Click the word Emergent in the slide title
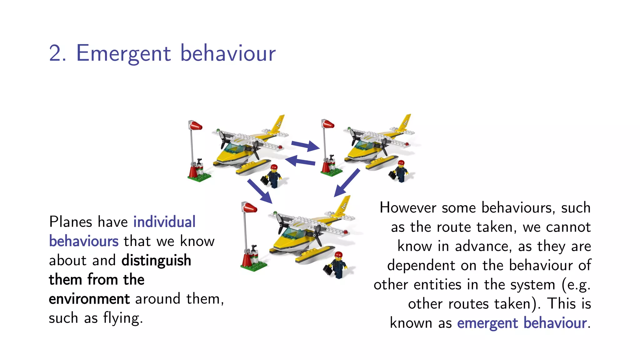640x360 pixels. [x=123, y=53]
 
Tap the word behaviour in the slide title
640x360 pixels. [x=228, y=53]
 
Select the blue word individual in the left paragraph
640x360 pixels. [x=164, y=222]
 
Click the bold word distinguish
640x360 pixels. [x=156, y=260]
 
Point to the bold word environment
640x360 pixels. [x=89, y=299]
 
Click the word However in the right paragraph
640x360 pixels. [x=407, y=208]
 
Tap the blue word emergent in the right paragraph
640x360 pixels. [x=487, y=323]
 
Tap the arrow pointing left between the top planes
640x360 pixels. [x=300, y=161]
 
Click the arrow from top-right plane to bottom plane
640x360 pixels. [x=347, y=183]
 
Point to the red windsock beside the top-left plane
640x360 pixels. [x=196, y=126]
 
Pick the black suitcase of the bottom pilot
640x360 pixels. [x=328, y=269]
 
